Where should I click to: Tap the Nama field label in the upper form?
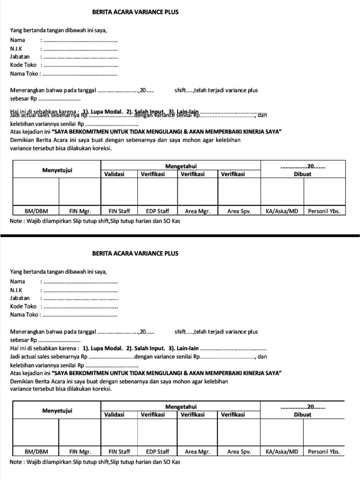click(x=17, y=40)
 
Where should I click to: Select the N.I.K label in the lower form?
click(x=17, y=290)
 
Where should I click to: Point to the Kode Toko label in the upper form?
click(x=23, y=65)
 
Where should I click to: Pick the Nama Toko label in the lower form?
click(x=24, y=315)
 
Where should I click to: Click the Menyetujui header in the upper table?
click(x=57, y=170)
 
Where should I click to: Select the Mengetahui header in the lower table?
click(x=181, y=406)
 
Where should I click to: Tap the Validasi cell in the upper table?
click(x=114, y=174)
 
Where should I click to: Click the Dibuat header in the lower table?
click(x=303, y=414)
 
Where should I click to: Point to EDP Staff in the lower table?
click(x=157, y=452)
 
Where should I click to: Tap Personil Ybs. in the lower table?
click(x=323, y=452)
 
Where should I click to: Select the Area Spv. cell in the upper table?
click(x=239, y=211)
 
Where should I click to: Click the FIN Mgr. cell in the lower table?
click(x=80, y=452)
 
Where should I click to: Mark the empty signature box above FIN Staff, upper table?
click(x=119, y=193)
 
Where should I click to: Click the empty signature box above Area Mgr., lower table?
click(x=197, y=433)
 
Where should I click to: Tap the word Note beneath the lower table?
click(x=16, y=462)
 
